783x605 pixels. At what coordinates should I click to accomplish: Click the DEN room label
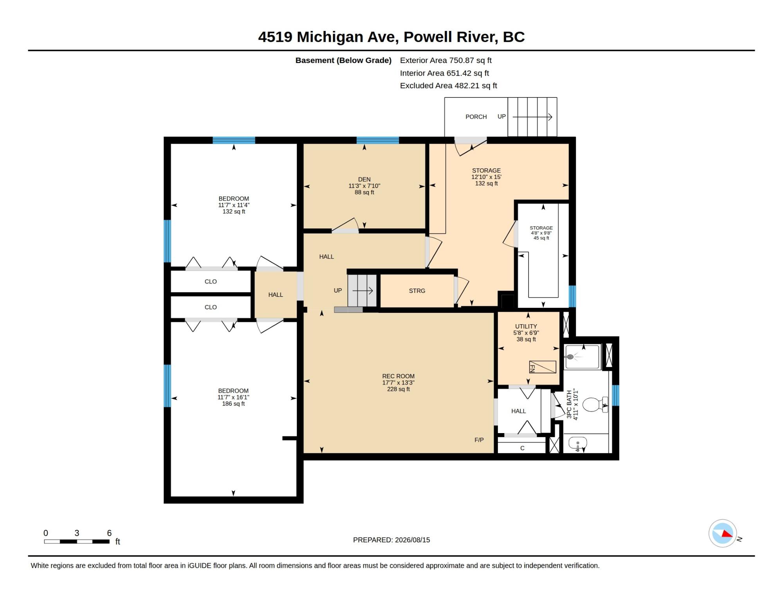tap(364, 179)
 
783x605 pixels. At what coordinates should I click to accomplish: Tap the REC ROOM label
tap(398, 376)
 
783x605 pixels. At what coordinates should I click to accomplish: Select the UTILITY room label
tap(526, 326)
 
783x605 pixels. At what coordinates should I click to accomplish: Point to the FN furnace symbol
tap(542, 367)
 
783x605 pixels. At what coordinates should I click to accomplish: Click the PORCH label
tap(476, 117)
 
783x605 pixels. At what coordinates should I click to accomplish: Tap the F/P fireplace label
tap(479, 440)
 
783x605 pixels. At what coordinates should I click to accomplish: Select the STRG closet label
tap(417, 291)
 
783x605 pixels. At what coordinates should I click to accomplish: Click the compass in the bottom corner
tap(723, 533)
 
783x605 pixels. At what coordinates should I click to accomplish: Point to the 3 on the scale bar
tap(77, 533)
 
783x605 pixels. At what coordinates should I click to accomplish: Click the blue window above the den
tap(377, 140)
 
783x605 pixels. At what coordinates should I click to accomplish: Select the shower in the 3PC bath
tap(582, 357)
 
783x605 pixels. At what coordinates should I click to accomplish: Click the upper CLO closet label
tap(211, 282)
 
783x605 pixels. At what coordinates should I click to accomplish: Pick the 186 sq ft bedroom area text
tap(233, 404)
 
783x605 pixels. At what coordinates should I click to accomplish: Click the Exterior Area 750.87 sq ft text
tap(446, 60)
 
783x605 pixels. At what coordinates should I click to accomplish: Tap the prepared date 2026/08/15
tap(412, 540)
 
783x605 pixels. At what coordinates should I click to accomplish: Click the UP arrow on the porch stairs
tap(532, 117)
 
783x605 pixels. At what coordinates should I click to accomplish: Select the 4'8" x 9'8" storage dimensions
tap(541, 233)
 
